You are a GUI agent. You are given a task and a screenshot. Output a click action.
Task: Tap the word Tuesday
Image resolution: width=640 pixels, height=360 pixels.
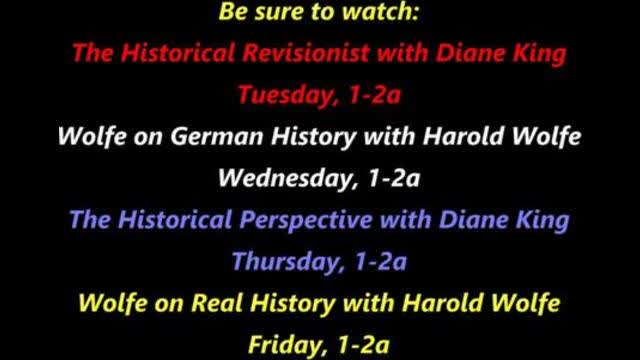click(277, 95)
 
